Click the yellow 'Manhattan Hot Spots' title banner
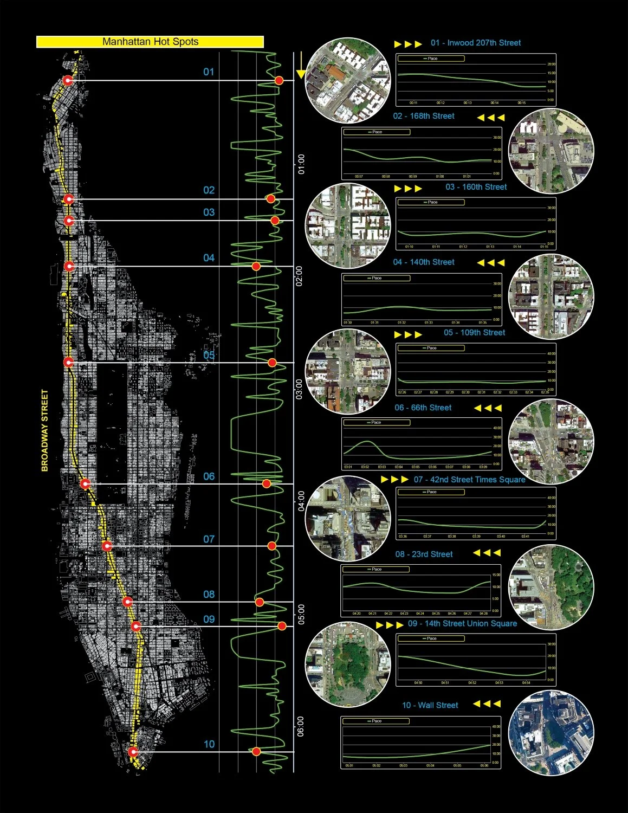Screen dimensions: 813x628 [x=150, y=42]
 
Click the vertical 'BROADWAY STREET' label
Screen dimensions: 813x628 [x=45, y=430]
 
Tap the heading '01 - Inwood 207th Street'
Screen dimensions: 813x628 [x=475, y=43]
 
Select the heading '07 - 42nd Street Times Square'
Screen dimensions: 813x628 [x=469, y=480]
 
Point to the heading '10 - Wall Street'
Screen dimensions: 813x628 [x=430, y=705]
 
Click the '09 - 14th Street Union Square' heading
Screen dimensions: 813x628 [x=462, y=624]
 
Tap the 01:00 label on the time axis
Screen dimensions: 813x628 [x=301, y=164]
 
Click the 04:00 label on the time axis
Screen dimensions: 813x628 [x=301, y=501]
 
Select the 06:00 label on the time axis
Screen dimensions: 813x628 [x=301, y=726]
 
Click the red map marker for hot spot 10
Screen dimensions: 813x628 [x=133, y=752]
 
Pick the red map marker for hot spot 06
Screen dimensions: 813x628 [x=85, y=483]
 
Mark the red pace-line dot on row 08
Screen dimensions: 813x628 [x=260, y=602]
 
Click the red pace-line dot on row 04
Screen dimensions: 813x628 [x=256, y=266]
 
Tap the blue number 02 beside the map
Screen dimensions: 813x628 [x=209, y=190]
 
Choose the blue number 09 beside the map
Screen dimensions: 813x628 [x=209, y=620]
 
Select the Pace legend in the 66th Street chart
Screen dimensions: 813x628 [x=376, y=422]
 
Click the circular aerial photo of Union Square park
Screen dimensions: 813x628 [x=348, y=664]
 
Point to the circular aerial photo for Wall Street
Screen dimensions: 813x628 [x=551, y=732]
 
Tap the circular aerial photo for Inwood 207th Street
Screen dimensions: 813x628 [x=348, y=80]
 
